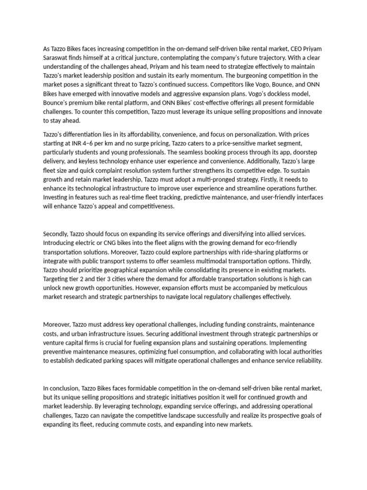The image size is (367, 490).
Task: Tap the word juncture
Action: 149,57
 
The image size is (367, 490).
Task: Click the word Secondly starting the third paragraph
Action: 56,234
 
